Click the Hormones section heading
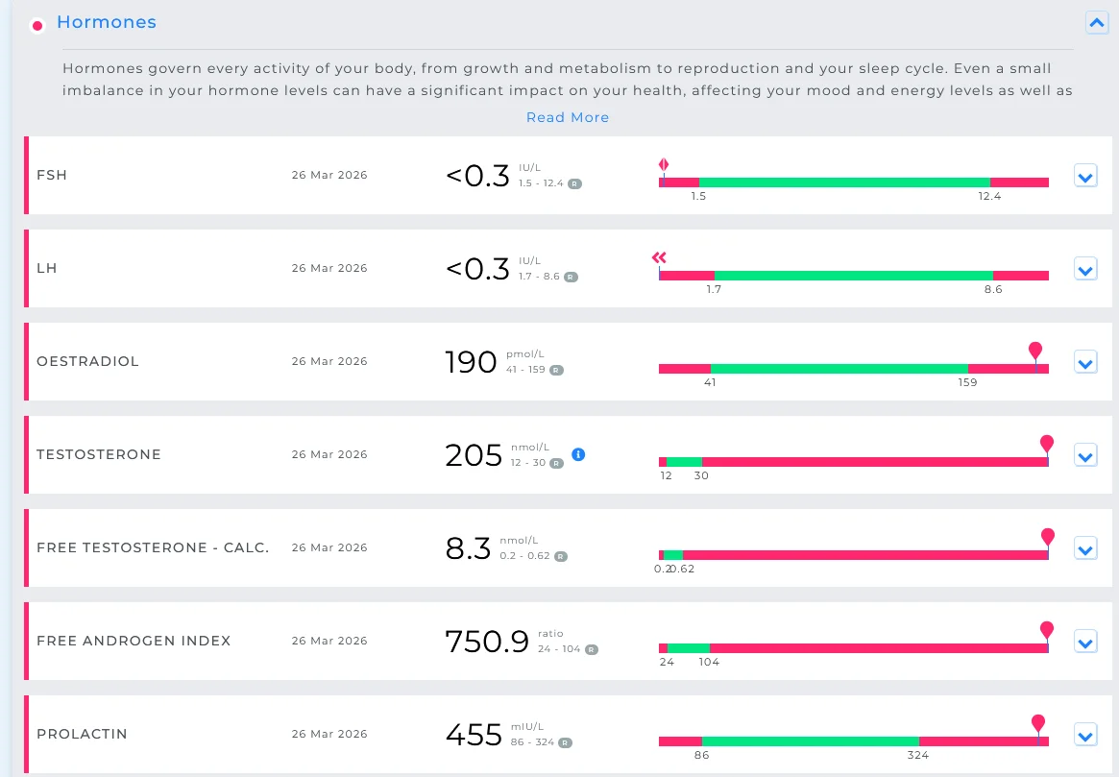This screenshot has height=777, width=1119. click(107, 22)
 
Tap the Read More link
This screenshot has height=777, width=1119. click(568, 117)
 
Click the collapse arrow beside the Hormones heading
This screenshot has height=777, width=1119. click(1097, 23)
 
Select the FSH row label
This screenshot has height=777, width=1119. click(51, 175)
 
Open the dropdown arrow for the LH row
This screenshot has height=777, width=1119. click(1085, 269)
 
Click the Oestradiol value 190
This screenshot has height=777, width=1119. click(471, 362)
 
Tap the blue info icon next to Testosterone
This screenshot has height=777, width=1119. click(579, 454)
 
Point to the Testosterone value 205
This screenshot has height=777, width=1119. click(474, 455)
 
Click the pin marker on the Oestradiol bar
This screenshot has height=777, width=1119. click(1035, 351)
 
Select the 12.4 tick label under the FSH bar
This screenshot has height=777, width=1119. click(989, 196)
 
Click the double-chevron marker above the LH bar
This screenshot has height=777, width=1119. click(659, 257)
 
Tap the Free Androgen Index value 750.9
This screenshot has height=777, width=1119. click(487, 642)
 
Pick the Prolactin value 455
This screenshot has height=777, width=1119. click(474, 735)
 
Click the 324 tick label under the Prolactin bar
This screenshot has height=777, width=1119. click(917, 755)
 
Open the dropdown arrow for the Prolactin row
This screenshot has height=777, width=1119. click(1085, 735)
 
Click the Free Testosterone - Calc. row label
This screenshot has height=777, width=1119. click(153, 548)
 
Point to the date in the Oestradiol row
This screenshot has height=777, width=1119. click(329, 362)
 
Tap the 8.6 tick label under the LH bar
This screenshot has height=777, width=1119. click(992, 289)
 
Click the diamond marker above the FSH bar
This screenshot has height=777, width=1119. click(664, 165)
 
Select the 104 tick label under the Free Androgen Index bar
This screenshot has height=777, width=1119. click(709, 662)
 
